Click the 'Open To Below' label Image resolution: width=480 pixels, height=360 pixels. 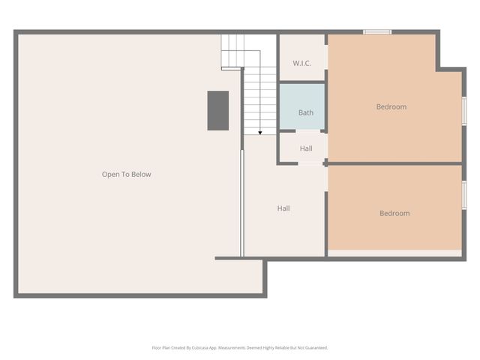[126, 174]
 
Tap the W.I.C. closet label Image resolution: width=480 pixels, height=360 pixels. [301, 63]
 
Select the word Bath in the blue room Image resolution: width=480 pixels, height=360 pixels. [306, 112]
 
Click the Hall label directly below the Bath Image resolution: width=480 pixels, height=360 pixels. [306, 148]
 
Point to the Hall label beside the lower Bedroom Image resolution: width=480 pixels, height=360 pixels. [283, 208]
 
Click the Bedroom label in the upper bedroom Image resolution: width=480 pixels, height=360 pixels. [391, 106]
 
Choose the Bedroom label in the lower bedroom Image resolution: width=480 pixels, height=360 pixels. [394, 213]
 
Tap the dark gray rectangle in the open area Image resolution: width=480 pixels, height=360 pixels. [217, 110]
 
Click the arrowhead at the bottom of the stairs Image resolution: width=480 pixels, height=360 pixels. [260, 132]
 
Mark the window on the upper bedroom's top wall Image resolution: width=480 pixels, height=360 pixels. [377, 31]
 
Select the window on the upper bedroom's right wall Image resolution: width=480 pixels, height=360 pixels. [463, 110]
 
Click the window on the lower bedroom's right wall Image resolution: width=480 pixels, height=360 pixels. [463, 194]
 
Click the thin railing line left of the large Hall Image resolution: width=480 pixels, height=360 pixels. [241, 202]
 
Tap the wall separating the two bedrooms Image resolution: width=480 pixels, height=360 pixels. [394, 163]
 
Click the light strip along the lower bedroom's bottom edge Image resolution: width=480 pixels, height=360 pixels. [394, 253]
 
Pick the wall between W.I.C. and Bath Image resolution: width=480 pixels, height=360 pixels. [302, 82]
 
